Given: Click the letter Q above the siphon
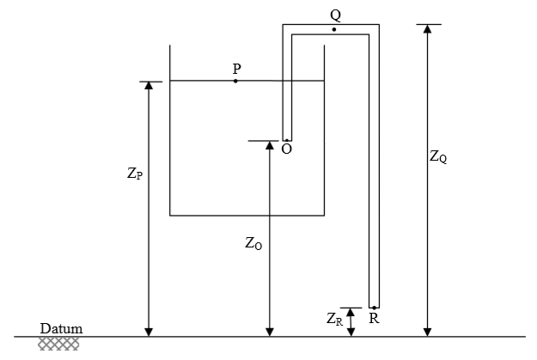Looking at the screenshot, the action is (x=336, y=15).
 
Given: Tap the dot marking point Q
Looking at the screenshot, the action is (x=334, y=30).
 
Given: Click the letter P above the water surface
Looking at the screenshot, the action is (x=236, y=69).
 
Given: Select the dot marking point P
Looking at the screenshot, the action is (x=235, y=81).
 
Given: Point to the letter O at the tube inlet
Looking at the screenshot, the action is (x=287, y=149).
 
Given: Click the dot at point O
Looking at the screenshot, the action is (x=287, y=140).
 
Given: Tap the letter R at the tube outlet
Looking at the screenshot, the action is (x=374, y=319).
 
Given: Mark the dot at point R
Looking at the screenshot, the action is (x=375, y=308).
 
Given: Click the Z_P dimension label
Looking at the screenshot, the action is (x=135, y=174).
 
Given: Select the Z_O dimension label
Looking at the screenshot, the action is (x=253, y=243).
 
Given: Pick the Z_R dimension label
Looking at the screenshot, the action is (x=334, y=319).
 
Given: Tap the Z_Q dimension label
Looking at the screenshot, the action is (x=438, y=157).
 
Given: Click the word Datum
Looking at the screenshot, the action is (x=61, y=329).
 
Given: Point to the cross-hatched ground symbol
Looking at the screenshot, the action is (x=58, y=344).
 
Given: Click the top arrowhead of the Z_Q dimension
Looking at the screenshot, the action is (x=427, y=28).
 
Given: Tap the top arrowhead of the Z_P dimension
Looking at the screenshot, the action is (x=149, y=86).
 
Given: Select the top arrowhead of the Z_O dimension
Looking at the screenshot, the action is (x=270, y=145).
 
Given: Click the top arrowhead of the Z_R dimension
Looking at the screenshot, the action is (x=350, y=312).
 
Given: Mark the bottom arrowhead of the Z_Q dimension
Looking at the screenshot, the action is (x=427, y=333).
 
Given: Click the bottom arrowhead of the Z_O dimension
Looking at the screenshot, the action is (x=270, y=333).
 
